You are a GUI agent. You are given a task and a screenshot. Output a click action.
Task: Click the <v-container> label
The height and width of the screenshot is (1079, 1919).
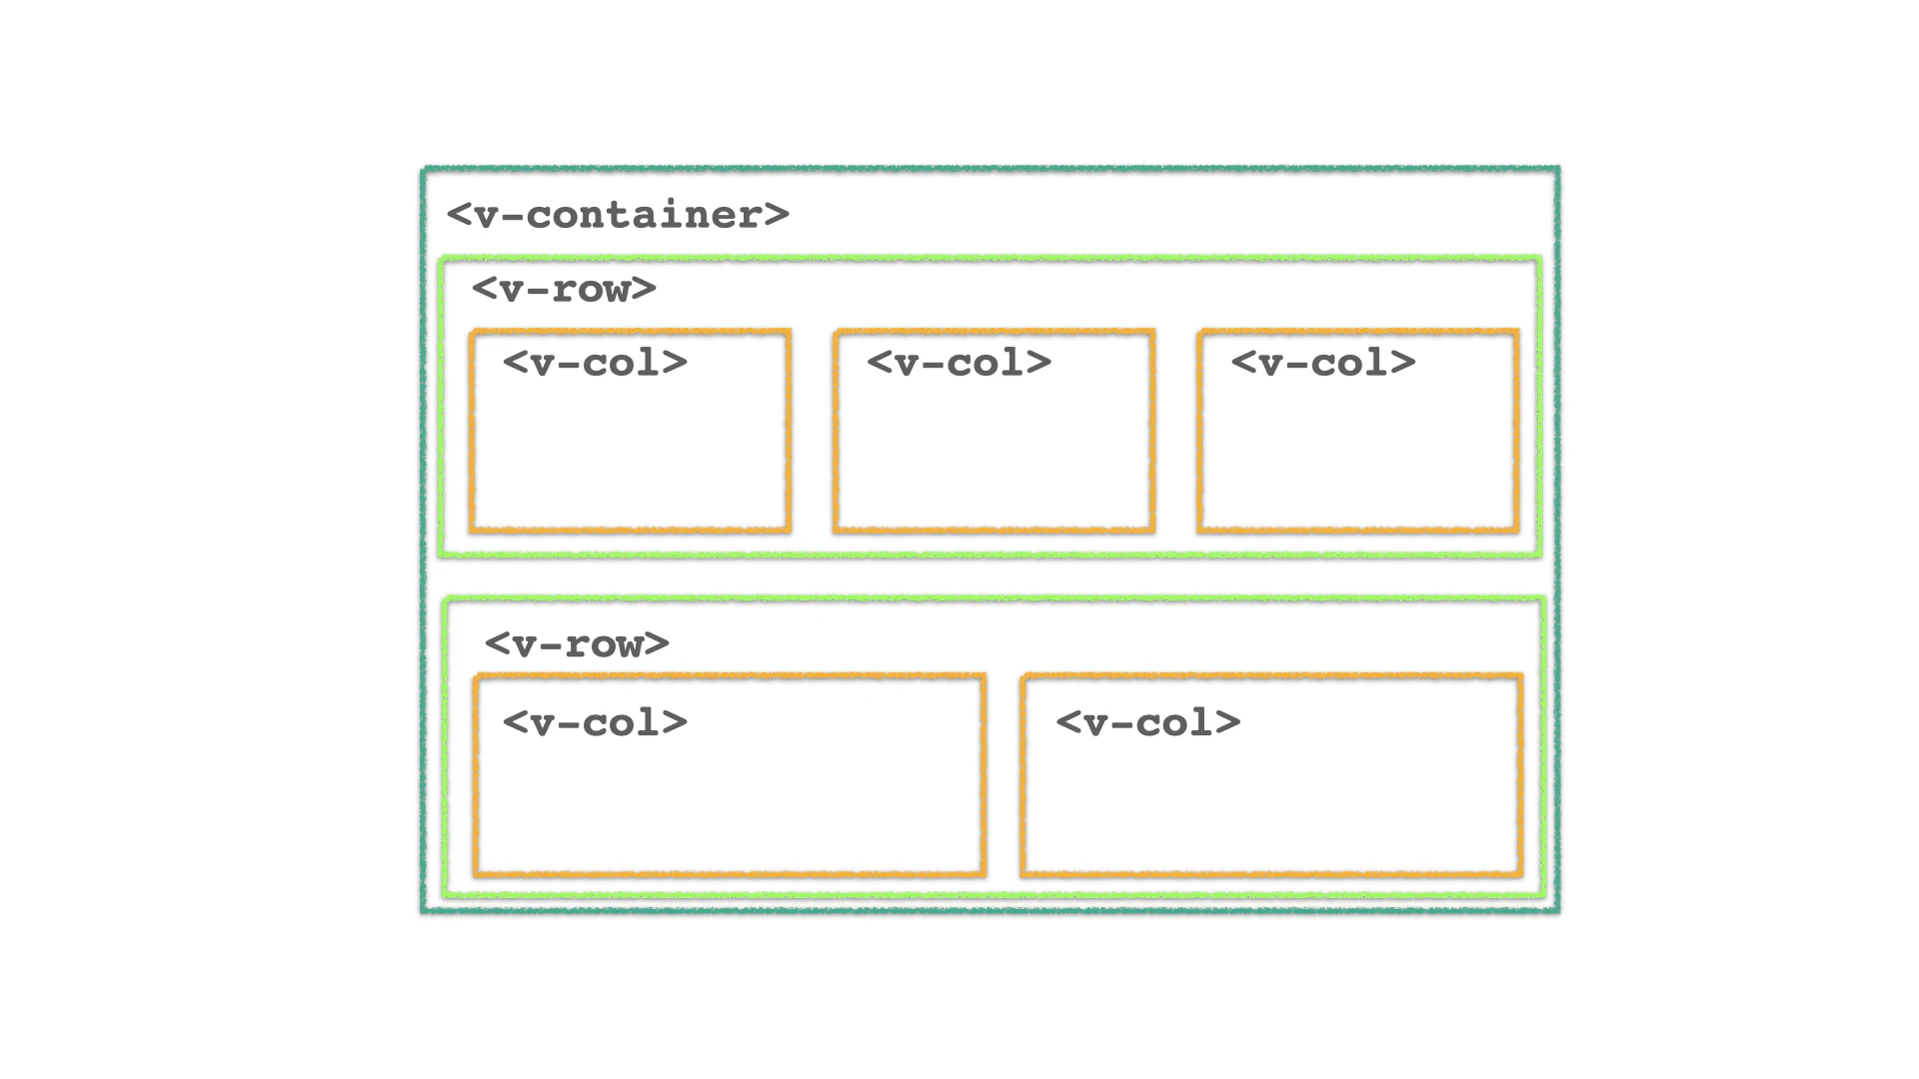(x=618, y=215)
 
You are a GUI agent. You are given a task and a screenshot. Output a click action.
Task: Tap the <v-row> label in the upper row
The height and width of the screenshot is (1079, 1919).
(x=564, y=289)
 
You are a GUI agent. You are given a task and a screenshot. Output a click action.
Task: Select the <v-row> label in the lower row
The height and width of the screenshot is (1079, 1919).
(x=577, y=643)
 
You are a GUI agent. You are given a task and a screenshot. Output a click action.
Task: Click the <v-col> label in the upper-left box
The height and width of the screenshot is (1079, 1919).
(x=595, y=363)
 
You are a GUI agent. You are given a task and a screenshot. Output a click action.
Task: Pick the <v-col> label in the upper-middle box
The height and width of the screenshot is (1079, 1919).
(x=959, y=363)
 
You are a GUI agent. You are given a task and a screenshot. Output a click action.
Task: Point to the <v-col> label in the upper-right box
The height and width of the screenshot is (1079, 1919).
(x=1322, y=363)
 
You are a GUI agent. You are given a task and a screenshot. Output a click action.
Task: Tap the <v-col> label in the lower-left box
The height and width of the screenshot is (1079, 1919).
(x=595, y=722)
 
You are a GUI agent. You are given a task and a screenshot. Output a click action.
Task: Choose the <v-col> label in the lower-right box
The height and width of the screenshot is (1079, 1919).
(x=1147, y=722)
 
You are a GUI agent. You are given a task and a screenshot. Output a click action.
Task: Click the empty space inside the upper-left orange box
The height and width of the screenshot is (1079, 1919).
(x=630, y=460)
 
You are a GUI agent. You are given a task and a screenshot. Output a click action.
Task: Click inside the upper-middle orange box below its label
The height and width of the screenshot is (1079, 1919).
(x=994, y=460)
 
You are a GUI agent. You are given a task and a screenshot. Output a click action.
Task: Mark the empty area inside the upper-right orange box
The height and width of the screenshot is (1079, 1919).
(x=1358, y=460)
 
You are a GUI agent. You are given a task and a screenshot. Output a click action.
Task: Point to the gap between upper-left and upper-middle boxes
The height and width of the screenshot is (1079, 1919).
(x=813, y=430)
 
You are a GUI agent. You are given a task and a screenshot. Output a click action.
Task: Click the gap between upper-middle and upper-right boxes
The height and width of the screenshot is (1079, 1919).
(x=1176, y=430)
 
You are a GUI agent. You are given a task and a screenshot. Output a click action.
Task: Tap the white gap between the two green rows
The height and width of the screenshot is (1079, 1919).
(x=989, y=576)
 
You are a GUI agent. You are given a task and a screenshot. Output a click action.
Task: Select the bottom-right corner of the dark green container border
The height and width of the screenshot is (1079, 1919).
(x=1556, y=909)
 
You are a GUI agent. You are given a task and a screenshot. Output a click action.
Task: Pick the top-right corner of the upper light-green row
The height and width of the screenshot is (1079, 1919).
(x=1538, y=260)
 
